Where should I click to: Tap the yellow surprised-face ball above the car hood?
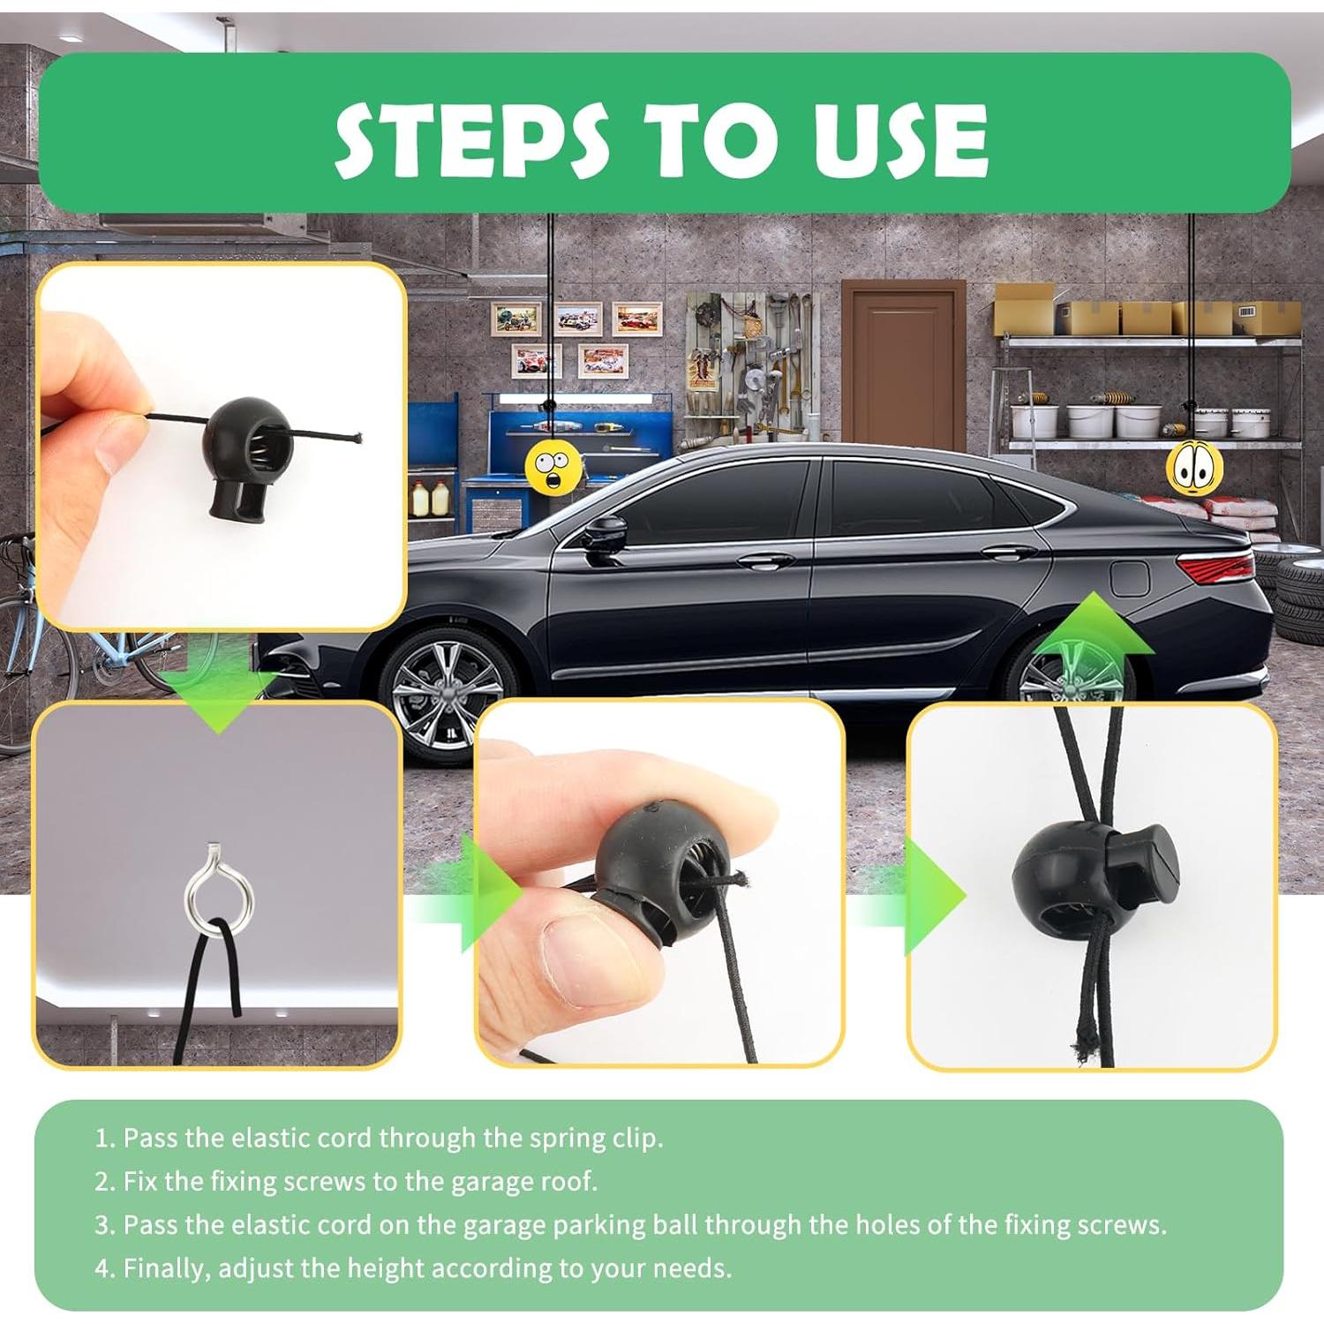[x=553, y=464]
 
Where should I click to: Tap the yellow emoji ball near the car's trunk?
[x=1194, y=468]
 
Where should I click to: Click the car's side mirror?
[x=606, y=536]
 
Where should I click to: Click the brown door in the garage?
[x=902, y=366]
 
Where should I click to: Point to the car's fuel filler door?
[x=1128, y=578]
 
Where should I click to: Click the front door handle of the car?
[x=765, y=560]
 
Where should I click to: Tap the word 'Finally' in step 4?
[x=166, y=1268]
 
